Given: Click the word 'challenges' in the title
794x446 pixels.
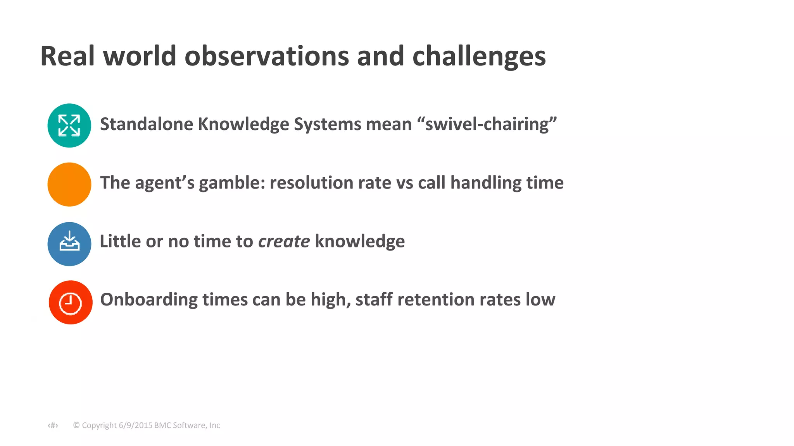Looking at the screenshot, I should click(x=479, y=57).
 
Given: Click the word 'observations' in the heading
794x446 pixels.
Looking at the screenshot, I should click(x=267, y=57).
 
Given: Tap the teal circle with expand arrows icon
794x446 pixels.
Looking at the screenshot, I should click(x=69, y=125).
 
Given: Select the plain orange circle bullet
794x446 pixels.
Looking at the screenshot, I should click(x=69, y=184).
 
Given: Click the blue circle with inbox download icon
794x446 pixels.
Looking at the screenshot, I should click(x=69, y=244).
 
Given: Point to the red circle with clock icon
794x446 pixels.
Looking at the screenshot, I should click(x=71, y=302).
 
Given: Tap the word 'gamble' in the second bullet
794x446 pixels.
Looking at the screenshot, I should click(x=232, y=183).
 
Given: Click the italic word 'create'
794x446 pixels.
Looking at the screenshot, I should click(x=284, y=242).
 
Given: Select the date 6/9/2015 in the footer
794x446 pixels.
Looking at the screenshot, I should click(x=135, y=425).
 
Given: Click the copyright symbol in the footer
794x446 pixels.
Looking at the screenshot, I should click(x=76, y=425).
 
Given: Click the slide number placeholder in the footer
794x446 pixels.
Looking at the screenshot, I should click(x=53, y=425).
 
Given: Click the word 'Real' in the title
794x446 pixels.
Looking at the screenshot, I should click(x=67, y=57).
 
